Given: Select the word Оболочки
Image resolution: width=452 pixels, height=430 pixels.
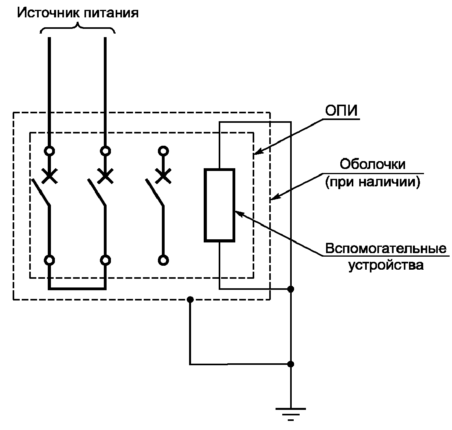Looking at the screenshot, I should (373, 164).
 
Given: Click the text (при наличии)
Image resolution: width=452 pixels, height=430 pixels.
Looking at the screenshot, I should (373, 183).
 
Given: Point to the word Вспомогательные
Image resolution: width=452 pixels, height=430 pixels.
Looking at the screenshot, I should (386, 249).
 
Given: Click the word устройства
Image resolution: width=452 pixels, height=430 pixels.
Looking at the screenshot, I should (386, 265).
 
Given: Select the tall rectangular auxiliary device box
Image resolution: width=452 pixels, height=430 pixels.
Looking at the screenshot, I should (219, 205).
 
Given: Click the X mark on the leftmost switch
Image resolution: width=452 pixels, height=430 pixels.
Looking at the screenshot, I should (49, 176).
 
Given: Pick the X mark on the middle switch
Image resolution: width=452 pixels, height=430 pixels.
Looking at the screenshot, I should (105, 176).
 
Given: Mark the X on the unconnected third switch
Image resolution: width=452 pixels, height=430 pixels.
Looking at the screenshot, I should (162, 176).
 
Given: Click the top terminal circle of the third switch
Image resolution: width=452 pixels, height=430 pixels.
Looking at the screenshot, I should (162, 151).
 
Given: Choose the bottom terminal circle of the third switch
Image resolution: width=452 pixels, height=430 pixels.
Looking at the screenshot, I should (162, 260).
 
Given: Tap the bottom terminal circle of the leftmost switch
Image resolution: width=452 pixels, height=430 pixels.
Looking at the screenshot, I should (49, 260).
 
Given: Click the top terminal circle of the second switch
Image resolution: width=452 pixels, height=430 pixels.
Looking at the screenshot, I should (105, 151).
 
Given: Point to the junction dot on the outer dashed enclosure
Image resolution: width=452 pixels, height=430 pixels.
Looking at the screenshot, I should (190, 300).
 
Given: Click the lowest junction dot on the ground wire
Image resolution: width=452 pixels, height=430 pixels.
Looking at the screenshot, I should (291, 364).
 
